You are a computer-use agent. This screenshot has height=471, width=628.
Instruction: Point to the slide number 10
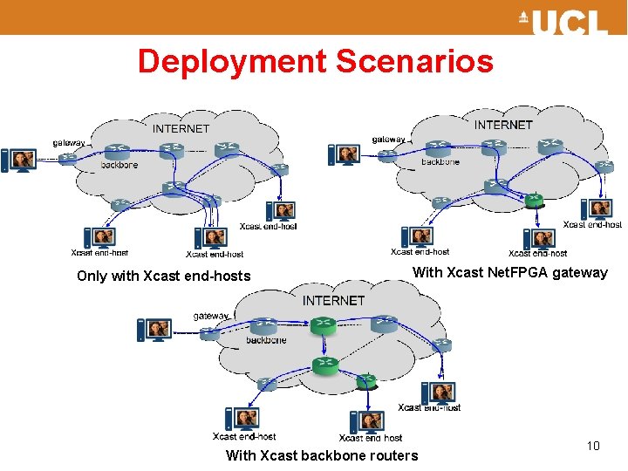click(593, 446)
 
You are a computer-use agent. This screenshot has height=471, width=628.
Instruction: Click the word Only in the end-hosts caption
click(91, 276)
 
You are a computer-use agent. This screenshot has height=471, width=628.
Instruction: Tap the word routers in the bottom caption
click(392, 455)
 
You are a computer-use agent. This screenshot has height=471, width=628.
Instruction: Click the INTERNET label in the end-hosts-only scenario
click(181, 128)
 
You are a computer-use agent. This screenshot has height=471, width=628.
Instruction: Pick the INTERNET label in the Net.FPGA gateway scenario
click(503, 125)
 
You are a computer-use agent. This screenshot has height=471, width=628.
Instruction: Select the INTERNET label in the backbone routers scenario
click(333, 300)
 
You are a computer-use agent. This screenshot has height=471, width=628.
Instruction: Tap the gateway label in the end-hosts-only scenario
click(70, 142)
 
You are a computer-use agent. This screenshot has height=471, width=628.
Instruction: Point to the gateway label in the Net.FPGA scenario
click(389, 139)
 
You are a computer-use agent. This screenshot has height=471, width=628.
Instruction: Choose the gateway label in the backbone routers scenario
click(211, 316)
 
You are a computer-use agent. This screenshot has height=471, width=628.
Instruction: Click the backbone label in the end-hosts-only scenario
click(119, 165)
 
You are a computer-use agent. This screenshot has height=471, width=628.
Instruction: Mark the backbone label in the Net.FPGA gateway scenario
click(440, 161)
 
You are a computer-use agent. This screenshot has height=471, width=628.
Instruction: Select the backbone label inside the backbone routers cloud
click(266, 340)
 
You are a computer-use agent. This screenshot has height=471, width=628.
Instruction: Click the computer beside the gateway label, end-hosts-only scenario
click(19, 160)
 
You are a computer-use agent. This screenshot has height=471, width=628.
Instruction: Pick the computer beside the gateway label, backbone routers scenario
click(154, 330)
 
